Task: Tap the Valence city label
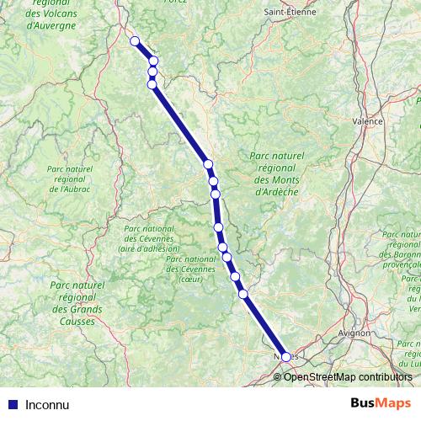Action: pos(366,121)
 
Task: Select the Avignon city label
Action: pos(352,333)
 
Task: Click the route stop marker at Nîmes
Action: pos(285,357)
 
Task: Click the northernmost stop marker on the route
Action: pos(134,40)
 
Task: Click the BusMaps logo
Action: pos(381,402)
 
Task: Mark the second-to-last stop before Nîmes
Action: pos(235,276)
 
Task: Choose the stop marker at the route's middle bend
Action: pos(208,164)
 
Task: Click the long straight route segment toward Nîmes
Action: pos(264,326)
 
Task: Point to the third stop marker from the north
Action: pos(152,72)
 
